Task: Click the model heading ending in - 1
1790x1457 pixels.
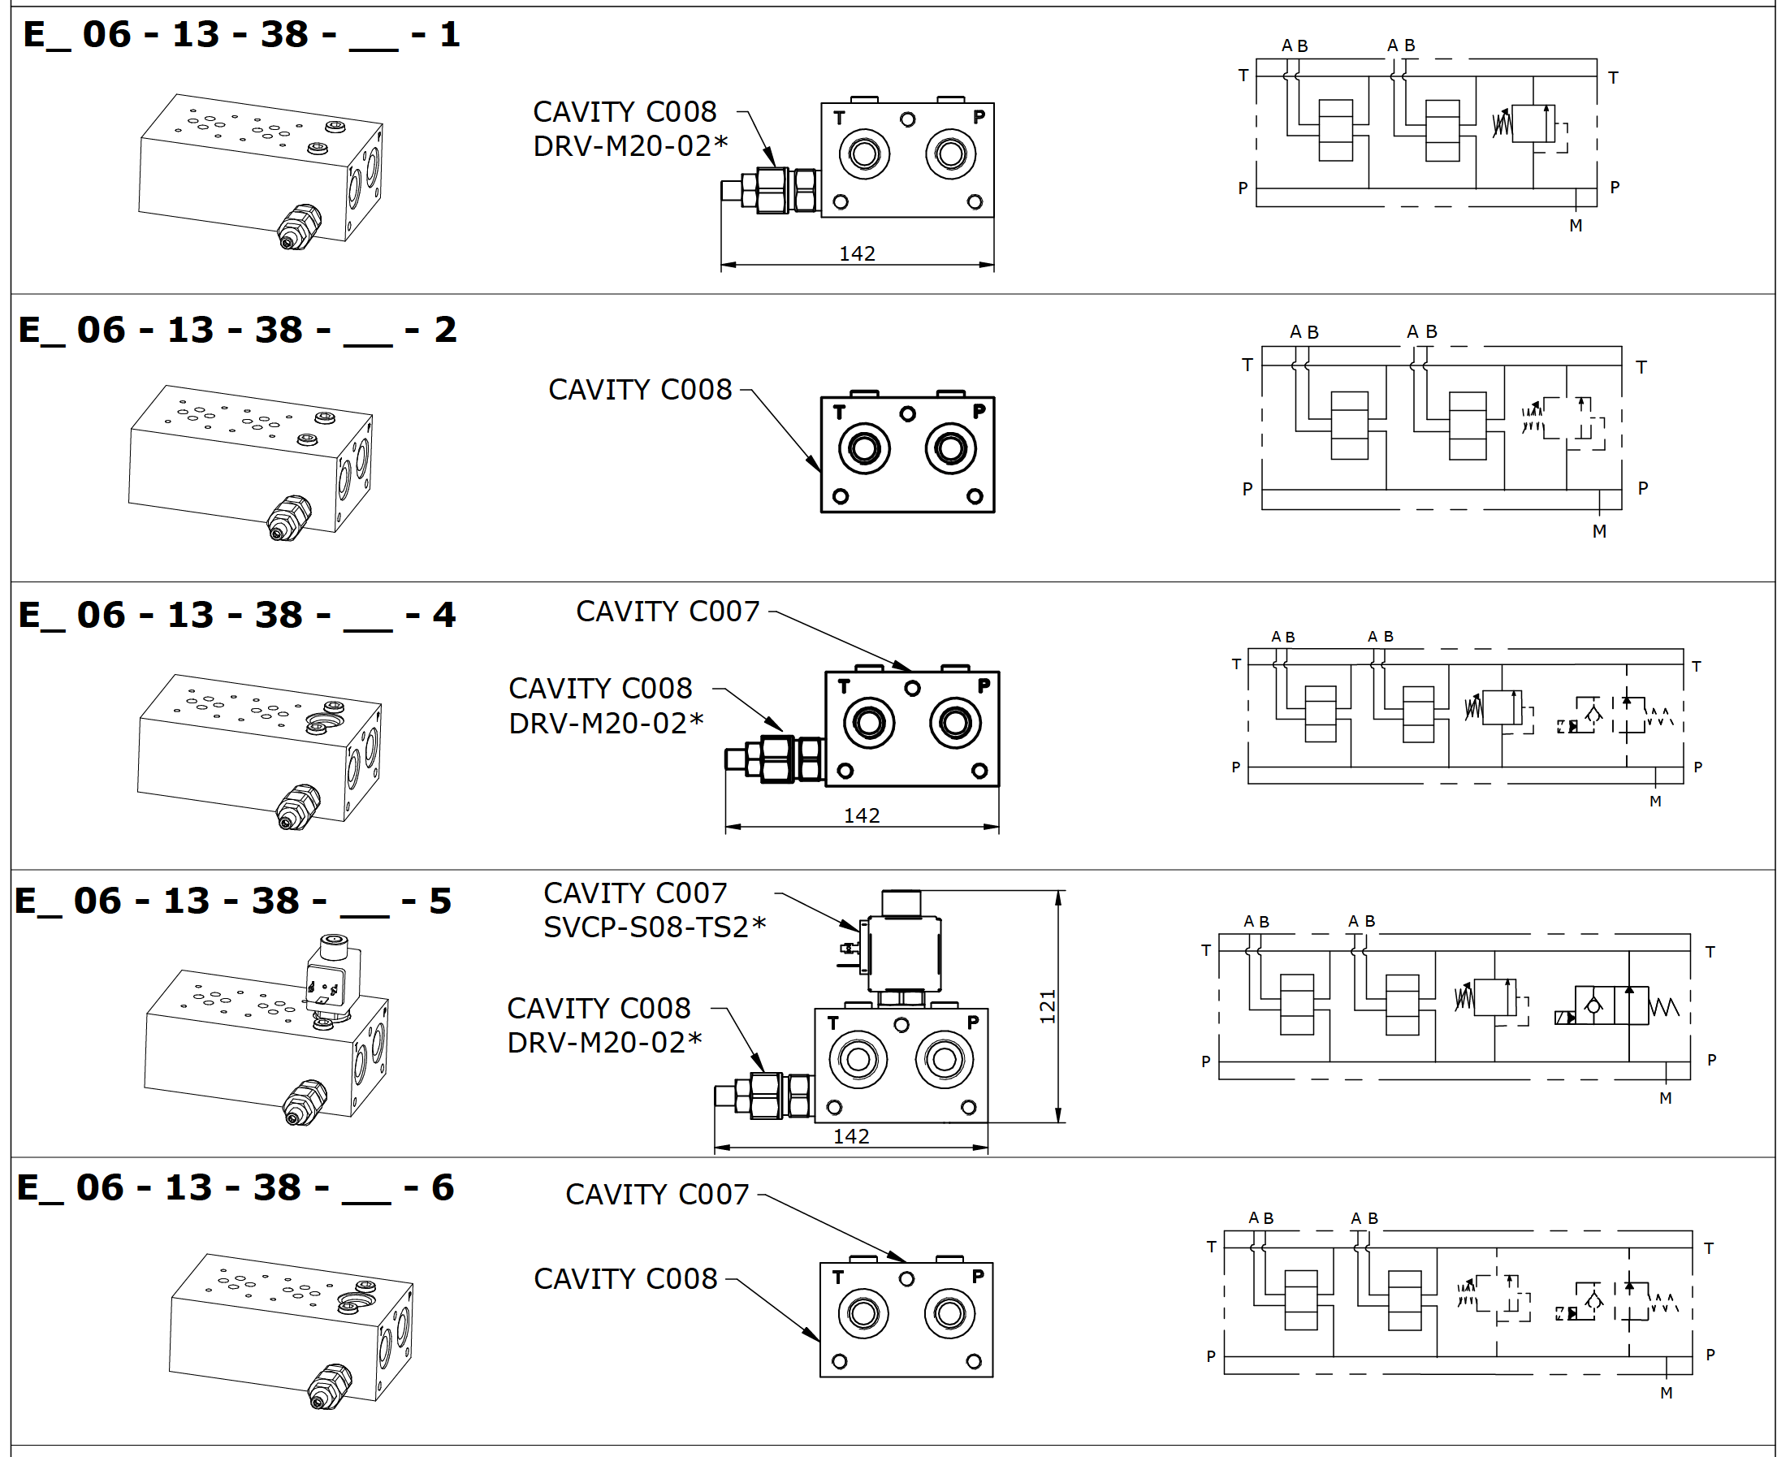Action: tap(242, 34)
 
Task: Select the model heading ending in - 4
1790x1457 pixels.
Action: tap(237, 615)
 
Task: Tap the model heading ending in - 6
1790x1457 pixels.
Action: tap(236, 1187)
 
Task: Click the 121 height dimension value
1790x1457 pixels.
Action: tap(1048, 1007)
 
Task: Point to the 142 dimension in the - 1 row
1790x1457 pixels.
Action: tap(857, 253)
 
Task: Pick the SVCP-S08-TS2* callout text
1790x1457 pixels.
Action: tap(655, 927)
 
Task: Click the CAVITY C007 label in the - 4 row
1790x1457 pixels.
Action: tap(667, 612)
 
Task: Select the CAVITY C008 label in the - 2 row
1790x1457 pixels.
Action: tap(639, 390)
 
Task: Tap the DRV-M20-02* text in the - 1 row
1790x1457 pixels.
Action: tap(630, 146)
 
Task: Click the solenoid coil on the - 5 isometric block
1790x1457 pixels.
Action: tap(333, 974)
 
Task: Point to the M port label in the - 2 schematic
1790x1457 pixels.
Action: tap(1599, 531)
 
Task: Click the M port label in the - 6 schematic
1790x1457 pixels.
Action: tap(1667, 1393)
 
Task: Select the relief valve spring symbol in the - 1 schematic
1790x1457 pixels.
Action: tap(1502, 124)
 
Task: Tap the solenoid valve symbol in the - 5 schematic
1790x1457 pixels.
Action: tap(1611, 1005)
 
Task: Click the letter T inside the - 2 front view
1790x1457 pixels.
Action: tap(839, 412)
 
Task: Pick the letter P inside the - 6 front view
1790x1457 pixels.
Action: tap(978, 1277)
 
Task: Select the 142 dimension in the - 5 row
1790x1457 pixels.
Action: tap(851, 1136)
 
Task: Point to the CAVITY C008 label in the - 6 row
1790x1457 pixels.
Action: tap(625, 1279)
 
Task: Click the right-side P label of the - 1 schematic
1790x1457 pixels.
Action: tap(1615, 187)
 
